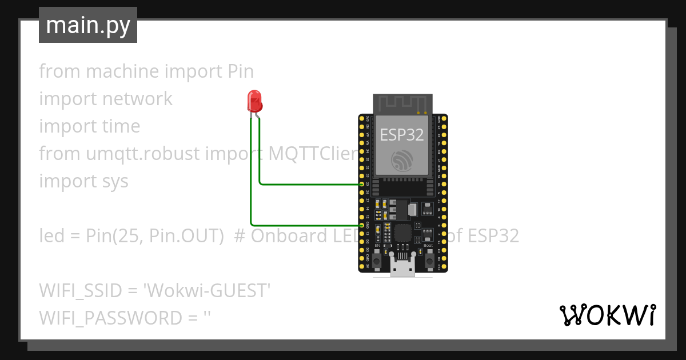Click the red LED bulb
click(x=254, y=101)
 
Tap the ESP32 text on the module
click(x=402, y=135)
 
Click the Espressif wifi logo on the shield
click(x=402, y=161)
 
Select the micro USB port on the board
click(x=402, y=267)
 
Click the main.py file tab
click(x=88, y=25)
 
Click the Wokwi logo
click(x=607, y=315)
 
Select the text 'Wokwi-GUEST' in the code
click(x=207, y=291)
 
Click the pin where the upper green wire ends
click(x=362, y=185)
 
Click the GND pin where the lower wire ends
click(x=362, y=225)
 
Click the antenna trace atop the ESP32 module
click(x=402, y=103)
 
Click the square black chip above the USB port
click(x=403, y=232)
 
